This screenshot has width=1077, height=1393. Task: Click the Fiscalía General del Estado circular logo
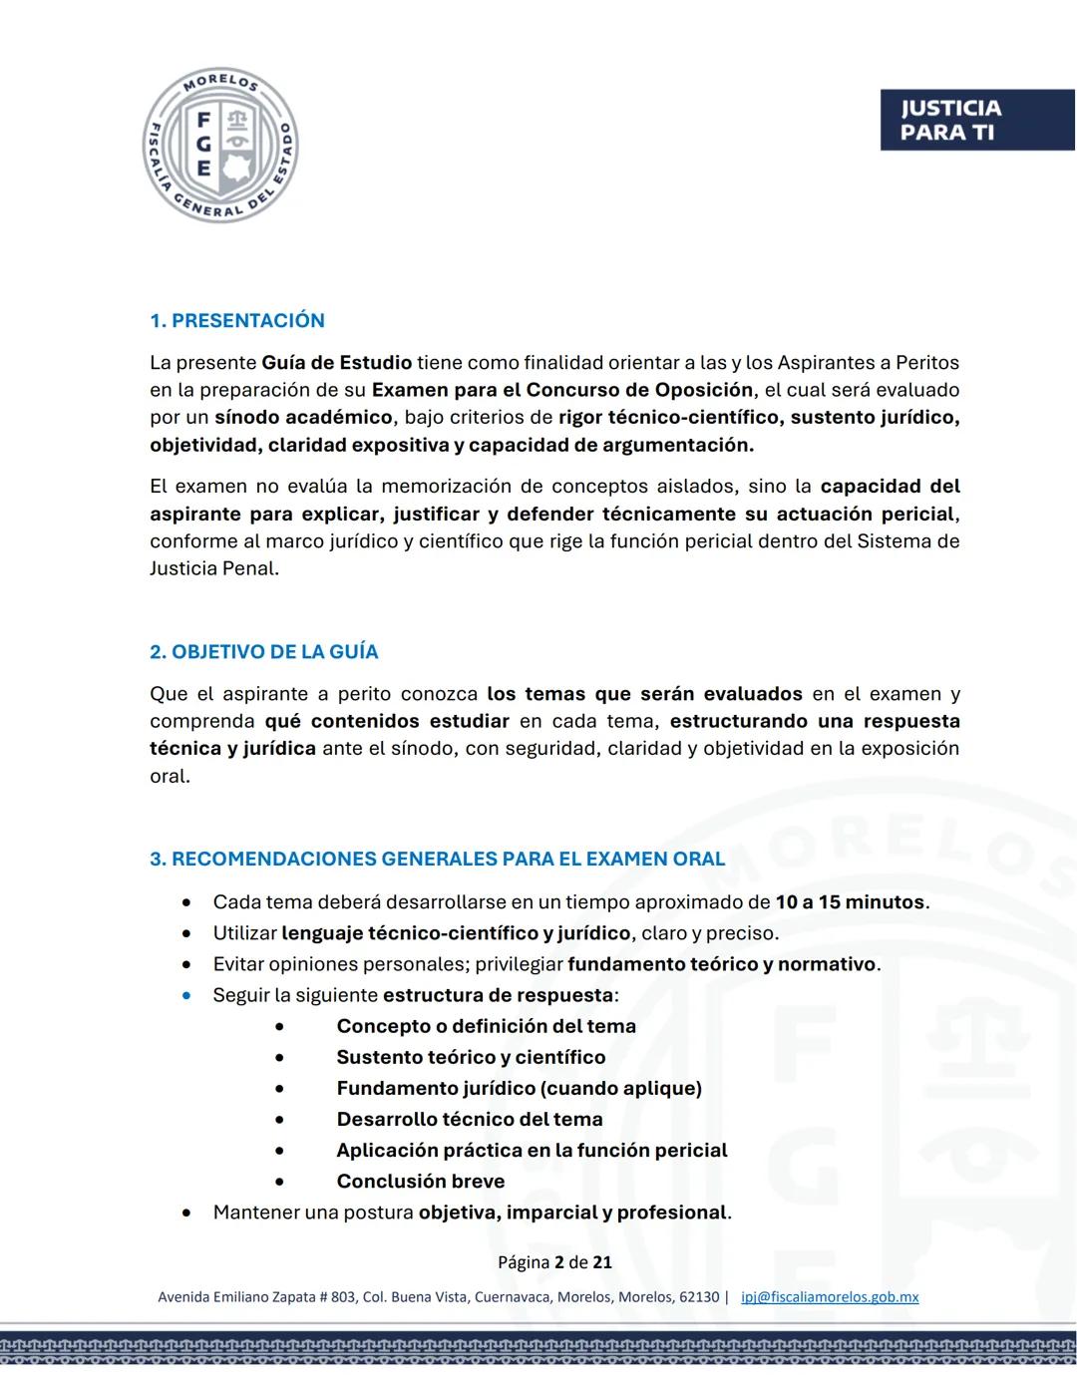(x=220, y=146)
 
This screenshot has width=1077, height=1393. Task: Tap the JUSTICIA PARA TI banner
(x=975, y=121)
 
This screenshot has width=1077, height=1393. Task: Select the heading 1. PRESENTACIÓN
(x=237, y=320)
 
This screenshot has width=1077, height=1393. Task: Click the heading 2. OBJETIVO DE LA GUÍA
(x=264, y=651)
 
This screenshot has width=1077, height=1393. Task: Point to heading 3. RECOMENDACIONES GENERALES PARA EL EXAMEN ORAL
(x=438, y=859)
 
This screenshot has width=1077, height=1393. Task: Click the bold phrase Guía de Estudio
(x=336, y=362)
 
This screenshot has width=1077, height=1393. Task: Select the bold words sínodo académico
(x=303, y=417)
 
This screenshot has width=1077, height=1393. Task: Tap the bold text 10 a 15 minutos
(x=850, y=901)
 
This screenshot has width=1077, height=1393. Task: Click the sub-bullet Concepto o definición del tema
(x=486, y=1026)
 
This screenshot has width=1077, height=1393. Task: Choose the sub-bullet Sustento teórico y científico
(x=471, y=1057)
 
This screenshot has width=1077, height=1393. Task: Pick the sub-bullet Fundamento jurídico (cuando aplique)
(x=519, y=1088)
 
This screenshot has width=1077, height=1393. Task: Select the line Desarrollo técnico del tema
(x=469, y=1119)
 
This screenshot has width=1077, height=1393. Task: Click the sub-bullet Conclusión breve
(x=420, y=1181)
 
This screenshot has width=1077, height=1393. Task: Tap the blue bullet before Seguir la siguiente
(x=186, y=995)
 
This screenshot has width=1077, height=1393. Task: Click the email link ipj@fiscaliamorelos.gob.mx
(x=830, y=1297)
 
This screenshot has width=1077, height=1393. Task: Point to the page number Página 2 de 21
(x=554, y=1262)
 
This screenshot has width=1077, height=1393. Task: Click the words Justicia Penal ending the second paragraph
(x=212, y=568)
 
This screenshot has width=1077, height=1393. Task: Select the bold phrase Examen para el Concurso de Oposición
(x=562, y=390)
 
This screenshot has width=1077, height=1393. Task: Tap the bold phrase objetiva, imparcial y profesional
(x=572, y=1213)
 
